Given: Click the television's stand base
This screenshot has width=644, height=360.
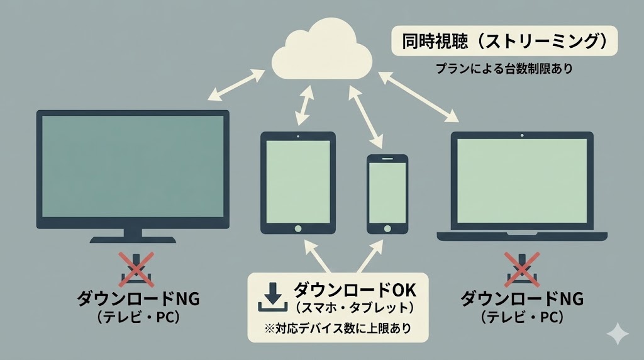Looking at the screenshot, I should [x=133, y=240].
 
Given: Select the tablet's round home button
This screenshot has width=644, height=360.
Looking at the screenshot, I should [x=298, y=227].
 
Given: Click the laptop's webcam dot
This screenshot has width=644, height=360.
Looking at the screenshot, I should [x=522, y=135].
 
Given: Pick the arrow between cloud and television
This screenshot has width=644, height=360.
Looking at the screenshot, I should [x=236, y=86].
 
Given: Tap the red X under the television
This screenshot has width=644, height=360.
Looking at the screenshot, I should [x=133, y=269].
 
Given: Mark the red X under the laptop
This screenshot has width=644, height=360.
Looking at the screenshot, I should [x=521, y=269].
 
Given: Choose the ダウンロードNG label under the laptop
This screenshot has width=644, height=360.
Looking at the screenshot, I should [x=521, y=298].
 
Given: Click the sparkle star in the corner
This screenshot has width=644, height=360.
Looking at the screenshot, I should [x=618, y=334].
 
